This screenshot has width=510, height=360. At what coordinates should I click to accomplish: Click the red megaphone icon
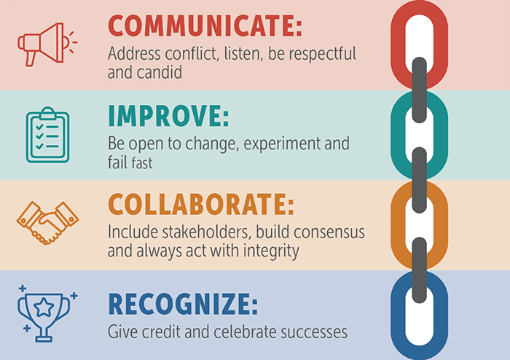[x=42, y=44]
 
